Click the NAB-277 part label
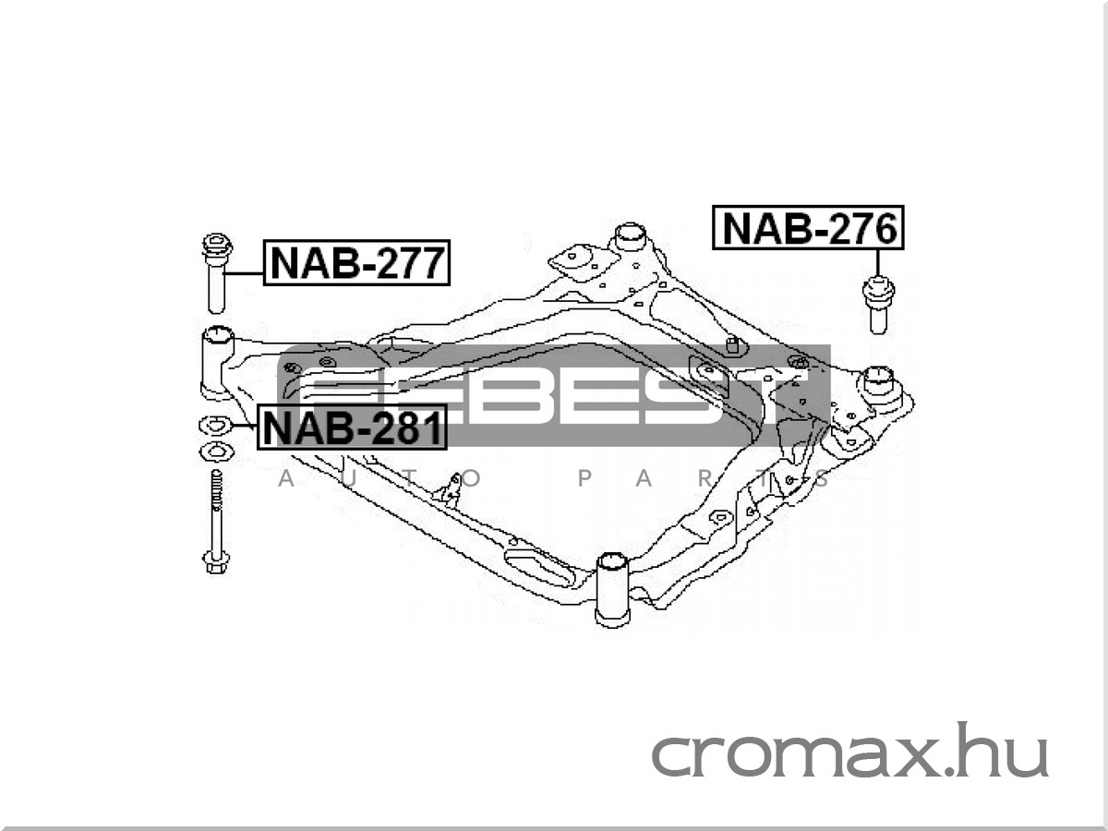[x=356, y=262]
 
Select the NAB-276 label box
[x=808, y=227]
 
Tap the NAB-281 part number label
[x=353, y=427]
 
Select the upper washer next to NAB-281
[x=215, y=426]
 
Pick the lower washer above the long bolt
[x=216, y=452]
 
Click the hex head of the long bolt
[x=216, y=562]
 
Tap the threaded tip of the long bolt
[x=217, y=486]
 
